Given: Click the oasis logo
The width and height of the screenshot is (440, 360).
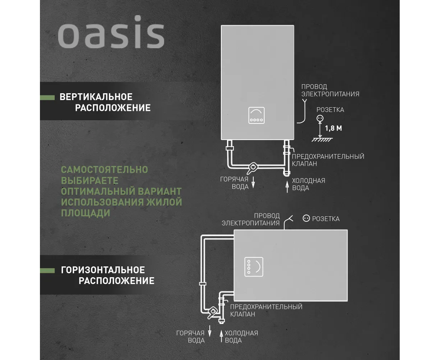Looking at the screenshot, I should pyautogui.click(x=111, y=32).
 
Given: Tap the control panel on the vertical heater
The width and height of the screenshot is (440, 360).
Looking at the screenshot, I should pyautogui.click(x=257, y=115).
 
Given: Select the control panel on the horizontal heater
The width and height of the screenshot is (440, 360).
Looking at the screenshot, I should pyautogui.click(x=254, y=267).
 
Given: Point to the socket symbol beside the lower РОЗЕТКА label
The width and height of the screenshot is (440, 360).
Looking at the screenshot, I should pyautogui.click(x=306, y=218).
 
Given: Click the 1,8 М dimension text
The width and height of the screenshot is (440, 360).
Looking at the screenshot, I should pyautogui.click(x=333, y=128).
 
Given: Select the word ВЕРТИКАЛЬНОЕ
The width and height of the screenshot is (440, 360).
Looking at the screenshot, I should pyautogui.click(x=96, y=97).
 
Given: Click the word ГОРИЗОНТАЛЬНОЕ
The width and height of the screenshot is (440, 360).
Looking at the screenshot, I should pyautogui.click(x=103, y=270).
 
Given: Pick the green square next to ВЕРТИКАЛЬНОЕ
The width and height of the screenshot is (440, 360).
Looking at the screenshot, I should pyautogui.click(x=47, y=97).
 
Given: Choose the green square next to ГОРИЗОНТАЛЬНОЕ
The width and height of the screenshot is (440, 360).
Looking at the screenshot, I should pyautogui.click(x=47, y=270).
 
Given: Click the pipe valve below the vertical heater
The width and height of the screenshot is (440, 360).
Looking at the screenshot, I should pyautogui.click(x=253, y=167).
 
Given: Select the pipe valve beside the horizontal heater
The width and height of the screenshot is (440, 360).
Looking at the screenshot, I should pyautogui.click(x=213, y=311).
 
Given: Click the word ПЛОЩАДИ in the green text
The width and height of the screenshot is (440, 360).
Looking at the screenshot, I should pyautogui.click(x=86, y=213).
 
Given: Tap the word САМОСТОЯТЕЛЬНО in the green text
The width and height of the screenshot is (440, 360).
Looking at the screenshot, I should pyautogui.click(x=104, y=170).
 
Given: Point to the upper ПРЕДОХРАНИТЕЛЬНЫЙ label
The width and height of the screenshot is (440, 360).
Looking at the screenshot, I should pyautogui.click(x=328, y=157).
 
